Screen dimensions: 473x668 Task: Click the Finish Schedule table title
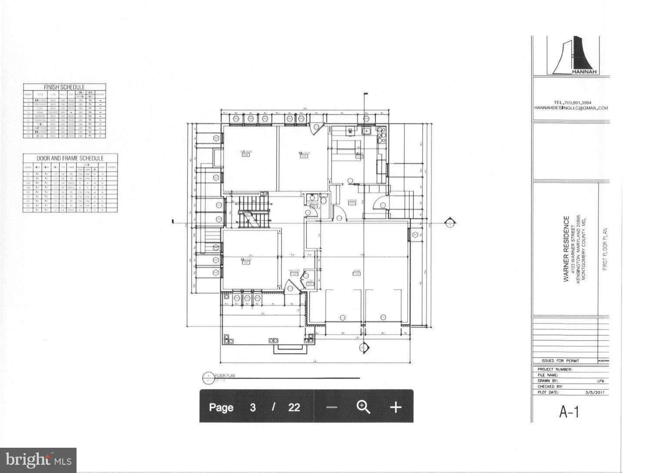(x=64, y=87)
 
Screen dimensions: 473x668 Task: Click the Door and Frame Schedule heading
(x=70, y=158)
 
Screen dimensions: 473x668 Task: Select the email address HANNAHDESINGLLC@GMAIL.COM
(x=571, y=108)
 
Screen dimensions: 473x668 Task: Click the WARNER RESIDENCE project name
(x=566, y=249)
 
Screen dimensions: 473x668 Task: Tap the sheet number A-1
(x=569, y=412)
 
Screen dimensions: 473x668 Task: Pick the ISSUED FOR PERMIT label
(x=561, y=361)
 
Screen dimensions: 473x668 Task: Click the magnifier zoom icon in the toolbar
(x=363, y=407)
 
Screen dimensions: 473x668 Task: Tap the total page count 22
(x=294, y=407)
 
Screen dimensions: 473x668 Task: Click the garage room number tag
(x=357, y=274)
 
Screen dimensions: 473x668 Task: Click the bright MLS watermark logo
(x=38, y=460)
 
